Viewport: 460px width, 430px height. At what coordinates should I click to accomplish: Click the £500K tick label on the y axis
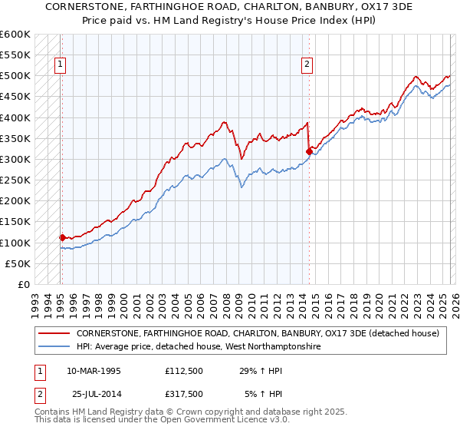15,76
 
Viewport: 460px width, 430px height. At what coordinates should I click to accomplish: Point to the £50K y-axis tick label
17,263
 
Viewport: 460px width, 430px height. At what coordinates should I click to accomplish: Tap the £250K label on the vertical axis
15,180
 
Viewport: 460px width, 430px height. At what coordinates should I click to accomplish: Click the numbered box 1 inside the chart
61,65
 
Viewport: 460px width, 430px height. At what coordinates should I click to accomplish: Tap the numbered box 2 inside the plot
307,65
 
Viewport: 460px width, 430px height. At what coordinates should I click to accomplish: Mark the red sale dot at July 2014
309,152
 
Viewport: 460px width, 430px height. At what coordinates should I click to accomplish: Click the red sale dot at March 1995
62,237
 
